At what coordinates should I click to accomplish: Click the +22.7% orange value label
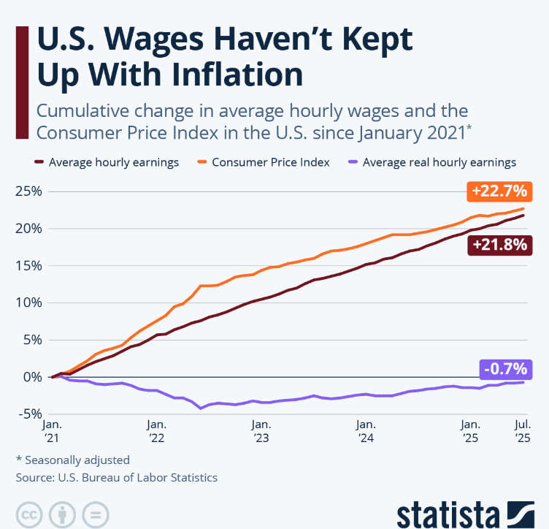pos(499,192)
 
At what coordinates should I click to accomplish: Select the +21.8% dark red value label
pos(499,246)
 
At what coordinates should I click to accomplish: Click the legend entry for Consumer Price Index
pos(271,162)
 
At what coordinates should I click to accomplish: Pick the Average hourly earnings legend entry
pos(113,162)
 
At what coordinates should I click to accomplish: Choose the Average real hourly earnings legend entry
pos(439,162)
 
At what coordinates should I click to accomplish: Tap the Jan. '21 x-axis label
pos(53,430)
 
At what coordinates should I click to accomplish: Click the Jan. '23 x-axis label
pos(261,430)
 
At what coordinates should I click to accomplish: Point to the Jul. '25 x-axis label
pos(521,430)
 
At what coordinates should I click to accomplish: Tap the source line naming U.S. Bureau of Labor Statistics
pos(117,477)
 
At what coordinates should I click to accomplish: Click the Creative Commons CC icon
pos(28,513)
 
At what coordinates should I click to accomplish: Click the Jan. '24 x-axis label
pos(365,430)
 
